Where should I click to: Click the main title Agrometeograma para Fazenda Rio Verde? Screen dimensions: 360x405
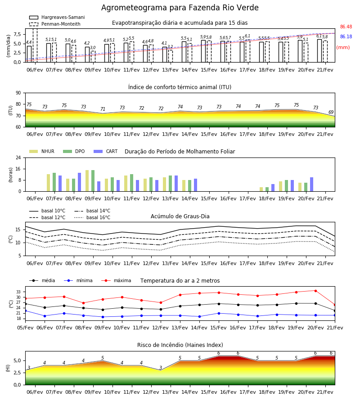click(180, 8)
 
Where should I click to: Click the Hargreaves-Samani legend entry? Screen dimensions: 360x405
click(57, 17)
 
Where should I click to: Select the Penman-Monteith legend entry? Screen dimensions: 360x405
click(55, 24)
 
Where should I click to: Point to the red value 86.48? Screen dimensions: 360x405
click(346, 27)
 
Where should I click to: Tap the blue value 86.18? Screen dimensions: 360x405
click(346, 37)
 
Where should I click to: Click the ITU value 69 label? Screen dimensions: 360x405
click(331, 112)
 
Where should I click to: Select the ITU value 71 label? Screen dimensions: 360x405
click(103, 109)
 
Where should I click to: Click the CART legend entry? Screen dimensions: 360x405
click(105, 151)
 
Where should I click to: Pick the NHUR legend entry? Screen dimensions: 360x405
click(42, 151)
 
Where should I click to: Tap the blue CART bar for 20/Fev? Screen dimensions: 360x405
click(312, 184)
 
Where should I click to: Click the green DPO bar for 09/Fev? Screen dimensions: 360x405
click(93, 181)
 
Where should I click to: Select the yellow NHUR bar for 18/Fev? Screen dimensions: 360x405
click(261, 189)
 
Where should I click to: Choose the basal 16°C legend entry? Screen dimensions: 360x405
click(92, 217)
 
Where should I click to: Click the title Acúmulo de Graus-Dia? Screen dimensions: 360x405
click(180, 216)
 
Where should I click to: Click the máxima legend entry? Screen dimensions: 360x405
click(116, 280)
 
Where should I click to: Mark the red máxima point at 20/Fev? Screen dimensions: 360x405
click(315, 291)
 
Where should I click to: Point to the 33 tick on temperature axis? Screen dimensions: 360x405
click(18, 292)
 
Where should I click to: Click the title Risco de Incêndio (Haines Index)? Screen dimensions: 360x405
click(180, 345)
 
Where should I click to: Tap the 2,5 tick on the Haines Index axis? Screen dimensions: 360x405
click(18, 373)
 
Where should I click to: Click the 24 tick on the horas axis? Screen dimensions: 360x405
click(18, 157)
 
